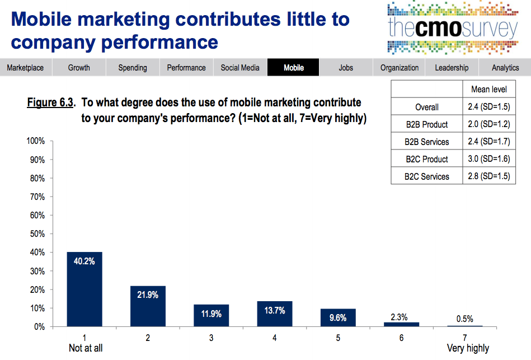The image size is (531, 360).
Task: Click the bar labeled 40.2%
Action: point(84,289)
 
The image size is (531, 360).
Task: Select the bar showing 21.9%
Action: point(148,306)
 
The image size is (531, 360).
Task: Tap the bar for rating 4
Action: point(275,314)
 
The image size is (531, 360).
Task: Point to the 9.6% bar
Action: point(338,317)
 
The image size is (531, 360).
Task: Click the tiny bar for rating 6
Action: point(401,324)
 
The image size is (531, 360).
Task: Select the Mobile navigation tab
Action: point(294,68)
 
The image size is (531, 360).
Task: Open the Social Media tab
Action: point(240,68)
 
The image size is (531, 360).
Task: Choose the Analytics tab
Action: point(505,68)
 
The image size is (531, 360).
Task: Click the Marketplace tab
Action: point(25,68)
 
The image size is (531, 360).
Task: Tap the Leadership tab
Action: point(452,68)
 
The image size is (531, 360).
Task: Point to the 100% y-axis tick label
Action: point(35,141)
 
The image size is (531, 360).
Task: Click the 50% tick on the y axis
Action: point(37,234)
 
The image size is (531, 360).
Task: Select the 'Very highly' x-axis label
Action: point(468,348)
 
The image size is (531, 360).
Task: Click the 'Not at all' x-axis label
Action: point(86,348)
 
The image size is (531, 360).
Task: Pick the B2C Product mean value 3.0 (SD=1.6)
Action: point(489,159)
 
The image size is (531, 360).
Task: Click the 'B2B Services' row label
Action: point(427,142)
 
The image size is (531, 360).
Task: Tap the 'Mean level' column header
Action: point(489,90)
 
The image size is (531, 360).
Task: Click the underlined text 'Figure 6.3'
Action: point(50,103)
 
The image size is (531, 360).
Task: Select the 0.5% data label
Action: point(464,319)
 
